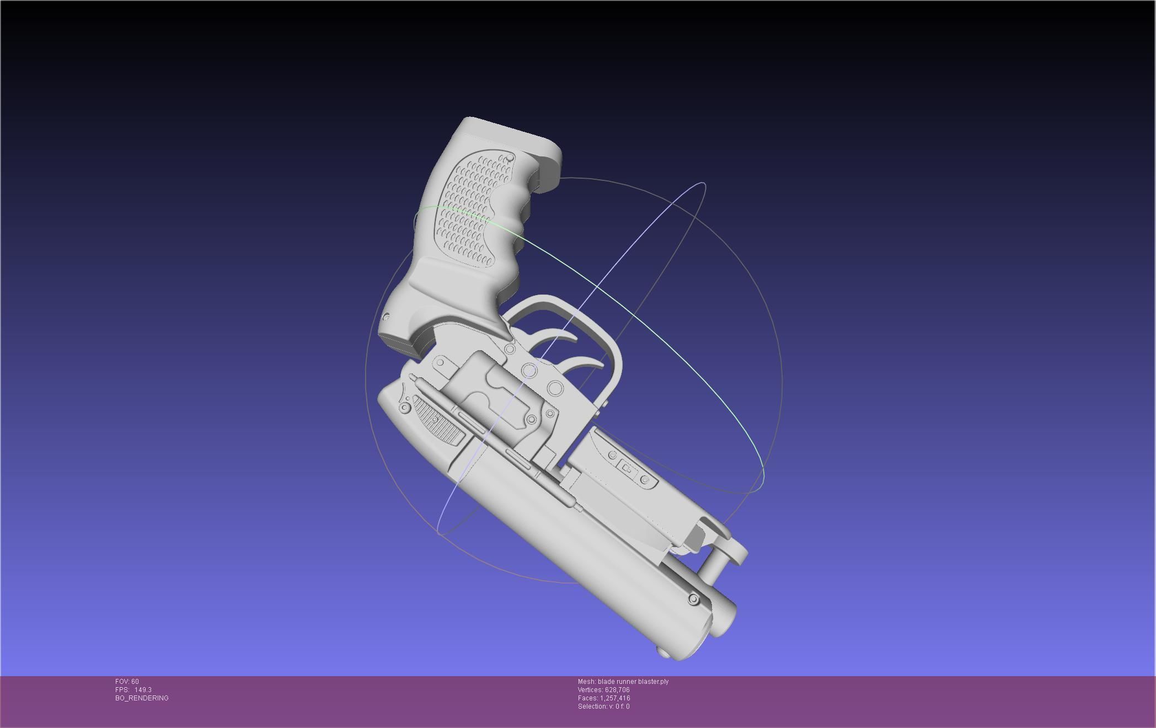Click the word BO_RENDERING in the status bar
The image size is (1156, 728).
142,698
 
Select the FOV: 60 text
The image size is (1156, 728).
127,682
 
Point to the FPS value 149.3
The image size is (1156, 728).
143,690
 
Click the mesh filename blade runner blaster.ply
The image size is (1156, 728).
633,682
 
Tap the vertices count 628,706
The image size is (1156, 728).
616,690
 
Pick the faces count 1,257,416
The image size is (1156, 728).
615,698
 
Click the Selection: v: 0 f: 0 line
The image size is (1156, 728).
603,706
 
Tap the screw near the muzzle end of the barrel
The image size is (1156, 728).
693,599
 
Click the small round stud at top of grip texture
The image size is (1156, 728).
510,159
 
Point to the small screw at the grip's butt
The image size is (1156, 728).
386,317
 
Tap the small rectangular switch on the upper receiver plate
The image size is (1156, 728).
627,468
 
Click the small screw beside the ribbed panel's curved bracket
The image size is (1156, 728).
405,408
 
